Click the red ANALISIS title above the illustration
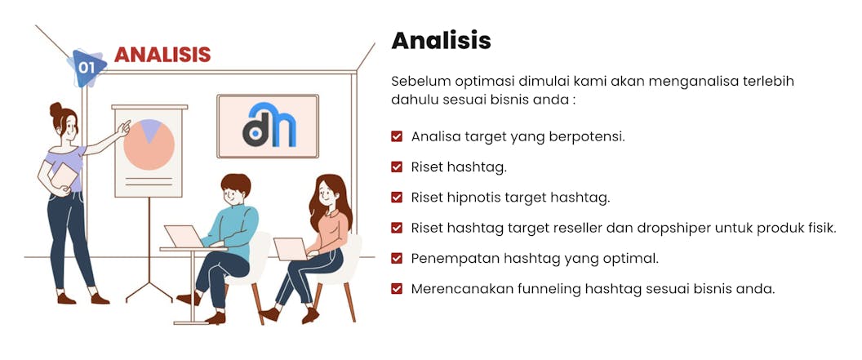pos(162,55)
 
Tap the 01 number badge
pos(87,68)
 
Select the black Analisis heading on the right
pos(441,40)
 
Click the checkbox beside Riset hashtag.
pos(397,167)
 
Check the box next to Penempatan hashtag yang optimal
pos(397,258)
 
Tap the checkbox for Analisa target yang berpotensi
pos(397,136)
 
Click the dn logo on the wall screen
pos(269,126)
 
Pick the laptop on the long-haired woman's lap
pos(292,250)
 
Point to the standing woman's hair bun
pos(56,109)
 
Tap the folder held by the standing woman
pos(64,176)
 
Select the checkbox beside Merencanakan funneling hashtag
pos(397,289)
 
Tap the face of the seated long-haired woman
pos(327,193)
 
